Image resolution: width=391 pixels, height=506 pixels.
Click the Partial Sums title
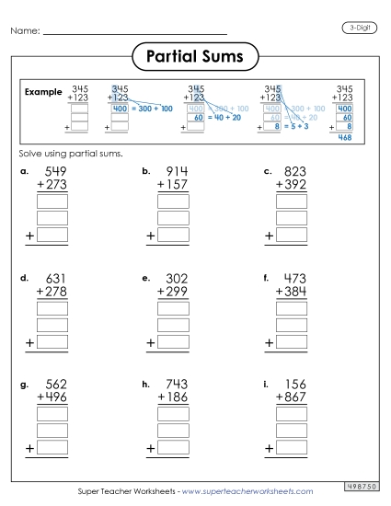click(195, 58)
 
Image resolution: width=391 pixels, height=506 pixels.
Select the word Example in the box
click(43, 92)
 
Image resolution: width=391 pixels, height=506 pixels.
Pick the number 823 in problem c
click(296, 172)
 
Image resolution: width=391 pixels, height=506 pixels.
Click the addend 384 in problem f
click(296, 293)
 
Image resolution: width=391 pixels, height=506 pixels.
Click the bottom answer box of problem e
click(173, 342)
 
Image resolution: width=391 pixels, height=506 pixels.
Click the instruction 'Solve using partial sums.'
click(71, 153)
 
